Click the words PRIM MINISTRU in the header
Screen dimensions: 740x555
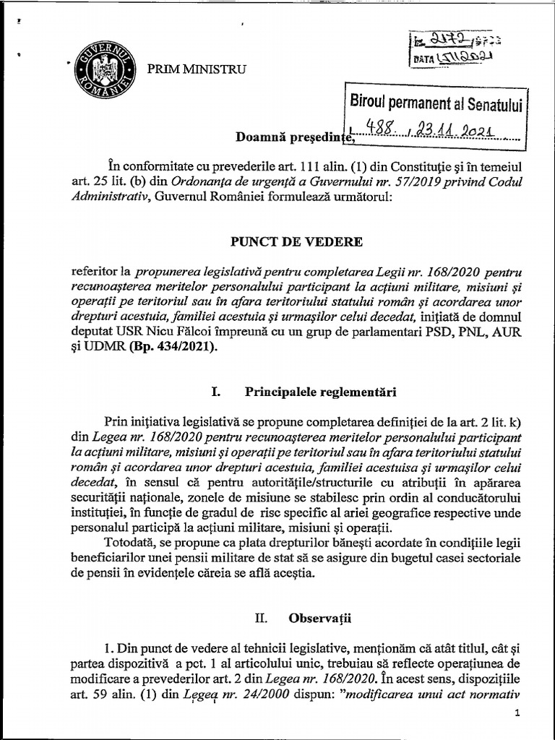tap(197, 70)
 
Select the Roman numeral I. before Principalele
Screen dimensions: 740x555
tap(215, 392)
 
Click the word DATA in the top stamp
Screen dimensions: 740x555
tap(424, 61)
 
